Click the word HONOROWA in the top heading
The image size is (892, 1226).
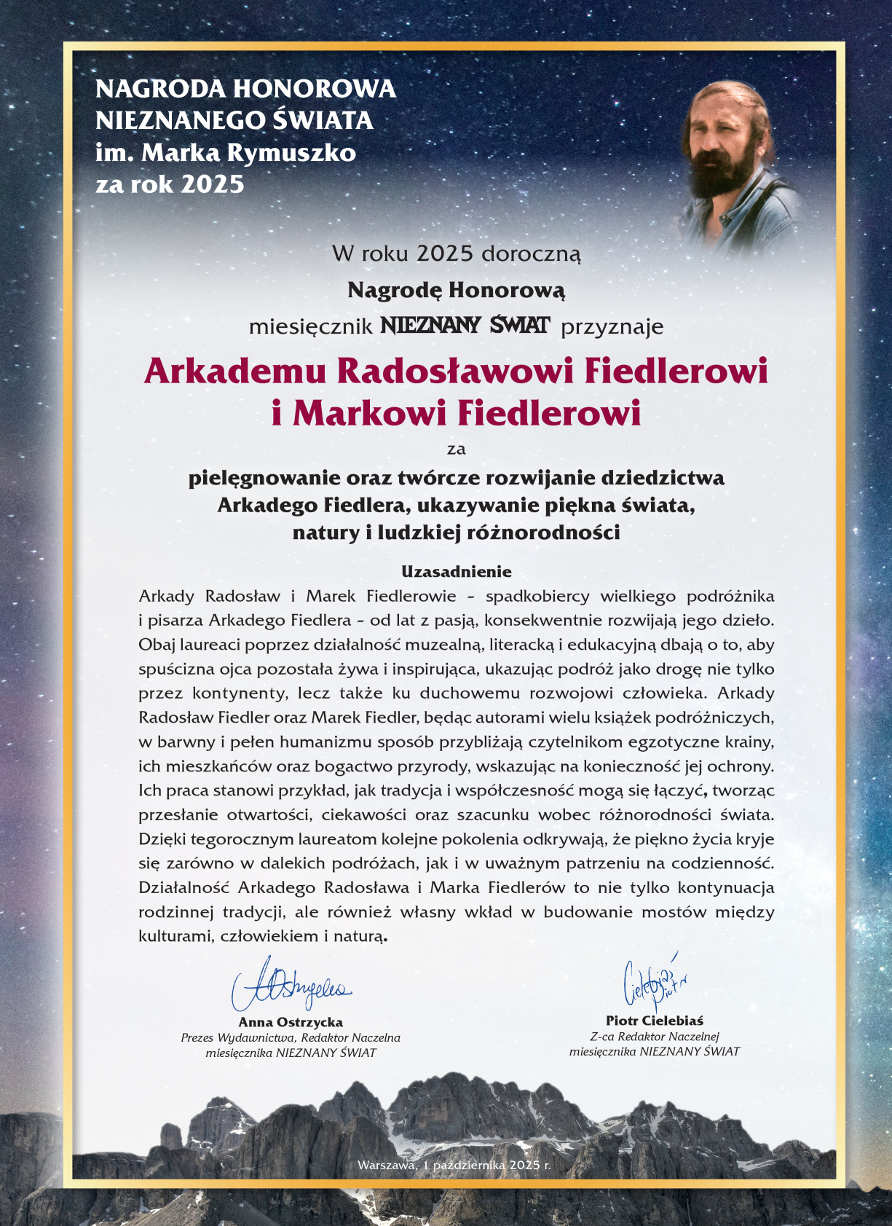[x=314, y=89]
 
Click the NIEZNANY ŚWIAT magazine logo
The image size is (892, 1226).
[x=465, y=325]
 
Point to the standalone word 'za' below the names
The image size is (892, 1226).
[x=456, y=449]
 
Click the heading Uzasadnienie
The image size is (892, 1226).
[x=456, y=572]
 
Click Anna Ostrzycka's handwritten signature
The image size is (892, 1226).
[x=291, y=986]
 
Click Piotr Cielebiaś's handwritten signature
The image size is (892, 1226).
[x=654, y=981]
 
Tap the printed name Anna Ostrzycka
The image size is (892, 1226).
[x=291, y=1022]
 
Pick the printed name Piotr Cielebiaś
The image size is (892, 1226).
[x=654, y=1021]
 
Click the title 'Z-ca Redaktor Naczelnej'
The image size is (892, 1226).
[x=654, y=1037]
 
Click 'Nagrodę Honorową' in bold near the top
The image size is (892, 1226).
[x=456, y=290]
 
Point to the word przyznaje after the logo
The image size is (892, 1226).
[x=612, y=326]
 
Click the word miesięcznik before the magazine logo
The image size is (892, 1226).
[x=311, y=326]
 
